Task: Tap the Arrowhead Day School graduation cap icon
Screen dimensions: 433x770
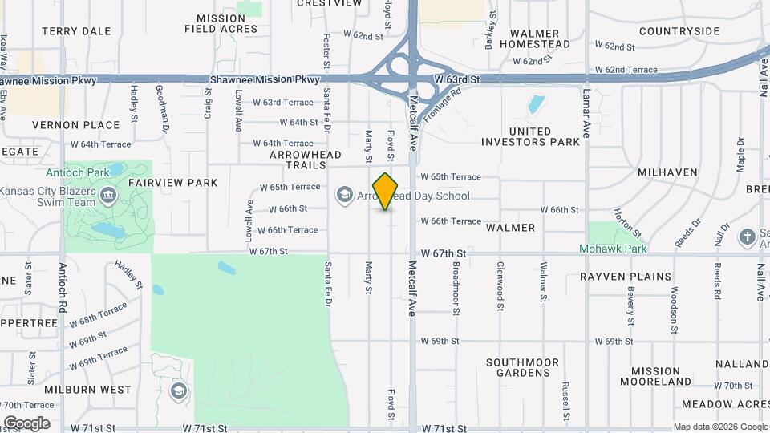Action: (x=345, y=195)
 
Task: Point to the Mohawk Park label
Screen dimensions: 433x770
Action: (x=613, y=249)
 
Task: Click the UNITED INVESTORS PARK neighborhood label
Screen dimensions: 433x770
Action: (x=530, y=136)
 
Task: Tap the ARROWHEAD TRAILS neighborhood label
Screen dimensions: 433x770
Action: (x=305, y=160)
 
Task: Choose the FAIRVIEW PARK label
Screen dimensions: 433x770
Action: (x=172, y=183)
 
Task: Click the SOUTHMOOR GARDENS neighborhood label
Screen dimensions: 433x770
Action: (x=522, y=367)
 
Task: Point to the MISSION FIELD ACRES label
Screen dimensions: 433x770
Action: (x=221, y=23)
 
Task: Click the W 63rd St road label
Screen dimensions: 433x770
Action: (x=456, y=80)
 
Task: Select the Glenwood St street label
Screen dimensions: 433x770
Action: (x=500, y=285)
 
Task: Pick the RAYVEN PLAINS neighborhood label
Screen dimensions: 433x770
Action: (x=626, y=277)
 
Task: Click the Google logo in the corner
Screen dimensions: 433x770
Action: (x=26, y=423)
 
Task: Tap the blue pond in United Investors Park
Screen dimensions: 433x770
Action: (x=536, y=105)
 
